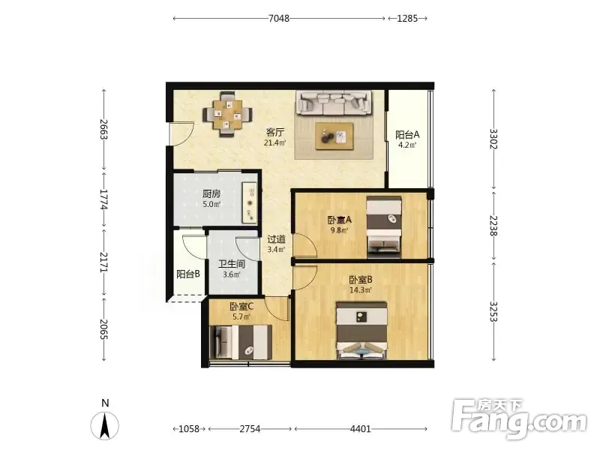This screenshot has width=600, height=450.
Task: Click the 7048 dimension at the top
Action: pyautogui.click(x=279, y=18)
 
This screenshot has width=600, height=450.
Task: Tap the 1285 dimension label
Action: pyautogui.click(x=407, y=18)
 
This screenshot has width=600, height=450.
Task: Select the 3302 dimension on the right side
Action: pyautogui.click(x=494, y=139)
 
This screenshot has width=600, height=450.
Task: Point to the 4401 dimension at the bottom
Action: pyautogui.click(x=361, y=429)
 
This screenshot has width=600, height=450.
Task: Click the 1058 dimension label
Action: pyautogui.click(x=189, y=429)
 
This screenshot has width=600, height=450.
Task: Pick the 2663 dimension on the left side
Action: pyautogui.click(x=103, y=130)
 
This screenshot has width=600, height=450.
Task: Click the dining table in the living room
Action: pyautogui.click(x=227, y=114)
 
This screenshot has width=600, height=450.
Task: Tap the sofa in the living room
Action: pyautogui.click(x=334, y=103)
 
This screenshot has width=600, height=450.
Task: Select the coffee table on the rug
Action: pyautogui.click(x=334, y=136)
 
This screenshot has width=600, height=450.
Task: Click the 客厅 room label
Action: pyautogui.click(x=275, y=133)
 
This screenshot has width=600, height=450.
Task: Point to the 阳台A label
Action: pyautogui.click(x=407, y=135)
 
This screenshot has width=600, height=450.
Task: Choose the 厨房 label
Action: pyautogui.click(x=211, y=194)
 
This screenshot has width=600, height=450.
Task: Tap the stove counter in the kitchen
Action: pyautogui.click(x=250, y=202)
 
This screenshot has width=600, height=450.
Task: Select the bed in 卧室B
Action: pyautogui.click(x=361, y=331)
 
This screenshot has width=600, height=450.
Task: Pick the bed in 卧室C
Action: pyautogui.click(x=241, y=342)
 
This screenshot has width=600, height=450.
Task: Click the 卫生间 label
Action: pyautogui.click(x=232, y=264)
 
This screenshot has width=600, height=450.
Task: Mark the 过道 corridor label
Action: pyautogui.click(x=276, y=239)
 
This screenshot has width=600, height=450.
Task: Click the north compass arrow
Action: pyautogui.click(x=104, y=425)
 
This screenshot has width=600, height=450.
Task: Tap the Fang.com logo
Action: pyautogui.click(x=519, y=419)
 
